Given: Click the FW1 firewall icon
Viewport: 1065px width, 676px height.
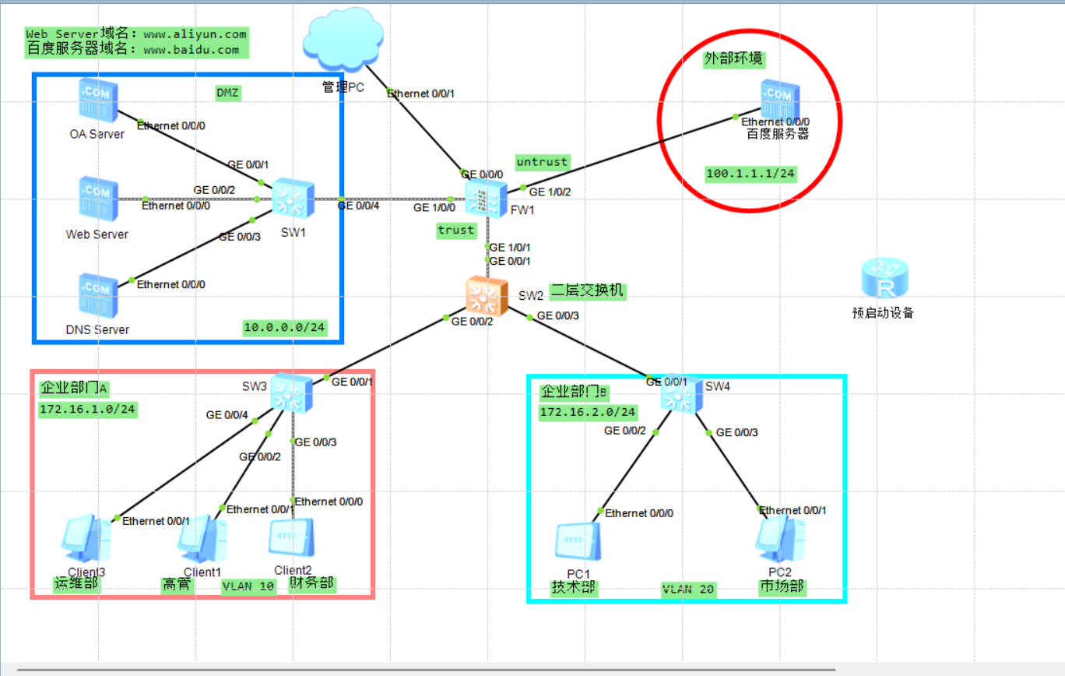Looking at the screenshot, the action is (486, 199).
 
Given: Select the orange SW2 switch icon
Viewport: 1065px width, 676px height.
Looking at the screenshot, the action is (487, 296).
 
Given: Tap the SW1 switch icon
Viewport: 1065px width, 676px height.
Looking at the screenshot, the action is (293, 198).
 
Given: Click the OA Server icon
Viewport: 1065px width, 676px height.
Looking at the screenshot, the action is (98, 100).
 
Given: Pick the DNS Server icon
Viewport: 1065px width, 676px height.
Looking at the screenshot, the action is (98, 295).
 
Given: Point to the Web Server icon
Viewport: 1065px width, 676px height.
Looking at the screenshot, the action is (98, 199).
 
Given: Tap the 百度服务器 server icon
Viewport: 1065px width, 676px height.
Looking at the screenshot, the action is (780, 99).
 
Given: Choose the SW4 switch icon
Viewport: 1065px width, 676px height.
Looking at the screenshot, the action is (681, 394).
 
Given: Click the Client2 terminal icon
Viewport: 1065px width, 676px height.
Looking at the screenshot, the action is (291, 537).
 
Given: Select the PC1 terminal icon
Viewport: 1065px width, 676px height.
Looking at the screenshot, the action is (578, 541).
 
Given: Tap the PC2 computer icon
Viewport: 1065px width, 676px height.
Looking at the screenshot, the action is (780, 538).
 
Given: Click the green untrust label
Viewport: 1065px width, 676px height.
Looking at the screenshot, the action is (543, 162).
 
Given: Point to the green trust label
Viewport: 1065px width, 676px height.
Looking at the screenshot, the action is (456, 231).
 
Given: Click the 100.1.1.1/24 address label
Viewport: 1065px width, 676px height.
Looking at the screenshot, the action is (750, 174).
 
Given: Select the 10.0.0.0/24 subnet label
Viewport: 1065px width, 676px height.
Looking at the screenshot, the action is (284, 328).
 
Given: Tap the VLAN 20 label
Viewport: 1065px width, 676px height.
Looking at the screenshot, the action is (688, 590).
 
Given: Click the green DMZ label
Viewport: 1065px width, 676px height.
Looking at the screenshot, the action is (228, 93).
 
